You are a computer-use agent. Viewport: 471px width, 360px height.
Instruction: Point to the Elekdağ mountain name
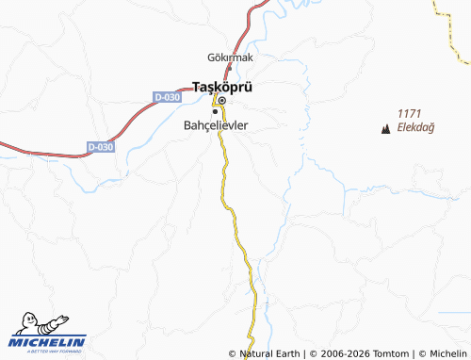[415, 127]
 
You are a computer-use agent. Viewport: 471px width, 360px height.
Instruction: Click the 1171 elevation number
[411, 112]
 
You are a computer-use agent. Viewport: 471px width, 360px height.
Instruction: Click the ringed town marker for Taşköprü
[222, 100]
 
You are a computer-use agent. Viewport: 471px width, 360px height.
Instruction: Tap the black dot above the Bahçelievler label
[215, 110]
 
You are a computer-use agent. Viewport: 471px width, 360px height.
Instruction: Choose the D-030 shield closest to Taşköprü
[166, 96]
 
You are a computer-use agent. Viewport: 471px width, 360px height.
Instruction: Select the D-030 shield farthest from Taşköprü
[100, 147]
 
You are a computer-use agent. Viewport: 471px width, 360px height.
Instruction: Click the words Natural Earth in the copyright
[270, 353]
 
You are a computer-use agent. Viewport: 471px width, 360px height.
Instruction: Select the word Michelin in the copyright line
[447, 353]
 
